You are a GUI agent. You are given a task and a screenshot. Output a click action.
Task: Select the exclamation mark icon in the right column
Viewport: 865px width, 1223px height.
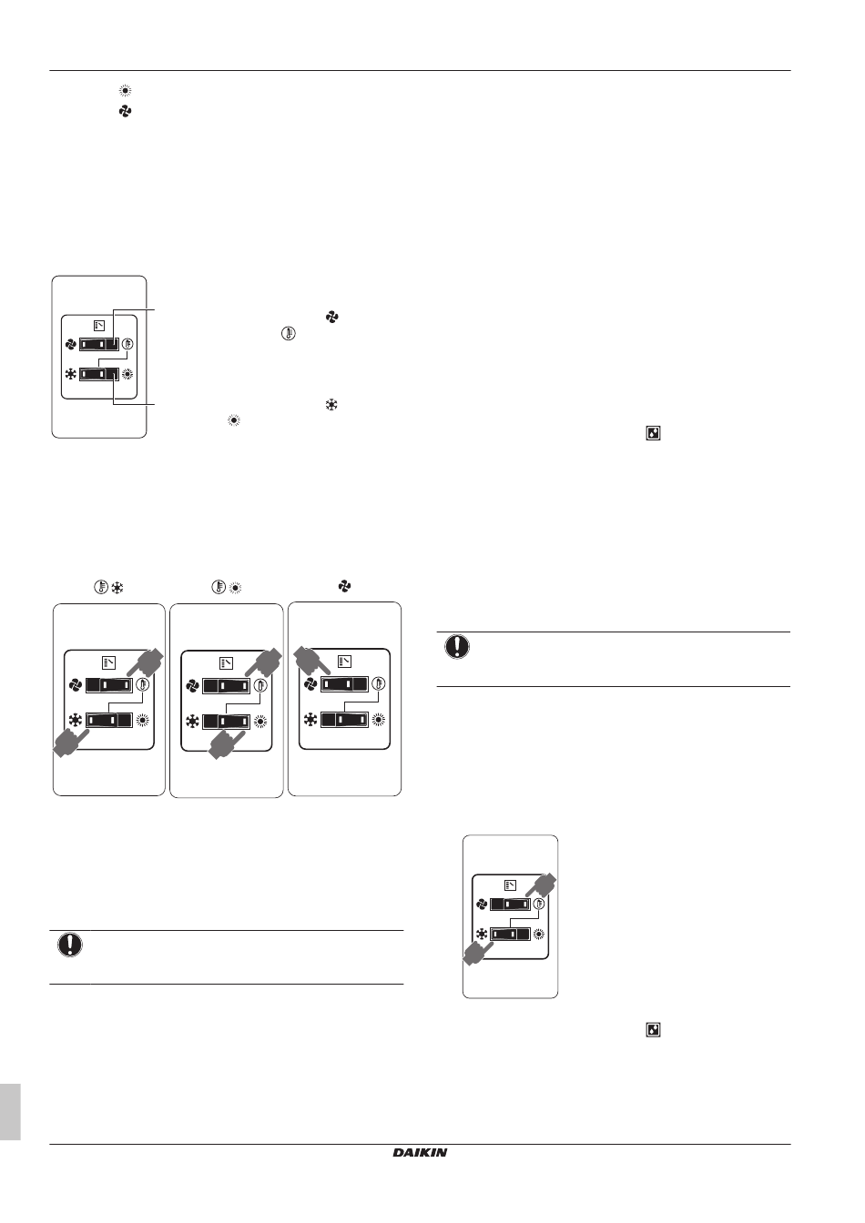pos(457,646)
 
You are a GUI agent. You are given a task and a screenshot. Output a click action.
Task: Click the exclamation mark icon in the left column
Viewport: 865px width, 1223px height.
pos(70,945)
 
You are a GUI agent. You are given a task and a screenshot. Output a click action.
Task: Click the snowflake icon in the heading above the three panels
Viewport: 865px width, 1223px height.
pos(117,588)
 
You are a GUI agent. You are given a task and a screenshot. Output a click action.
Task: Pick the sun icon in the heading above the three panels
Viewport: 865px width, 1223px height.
pos(236,588)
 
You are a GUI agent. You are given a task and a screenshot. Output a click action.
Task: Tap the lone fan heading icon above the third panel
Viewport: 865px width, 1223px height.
pos(344,586)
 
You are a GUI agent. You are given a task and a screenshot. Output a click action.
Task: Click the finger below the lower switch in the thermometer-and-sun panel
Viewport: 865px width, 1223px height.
pos(226,743)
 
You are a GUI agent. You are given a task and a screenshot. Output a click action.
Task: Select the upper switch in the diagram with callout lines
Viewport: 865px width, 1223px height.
pos(99,345)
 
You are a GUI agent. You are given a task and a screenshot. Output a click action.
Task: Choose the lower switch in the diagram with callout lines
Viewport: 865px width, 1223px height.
pos(99,375)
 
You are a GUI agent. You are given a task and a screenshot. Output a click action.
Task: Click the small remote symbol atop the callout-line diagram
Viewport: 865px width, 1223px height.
pos(99,326)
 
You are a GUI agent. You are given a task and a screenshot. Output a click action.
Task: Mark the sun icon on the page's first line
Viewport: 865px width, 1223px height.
pos(125,91)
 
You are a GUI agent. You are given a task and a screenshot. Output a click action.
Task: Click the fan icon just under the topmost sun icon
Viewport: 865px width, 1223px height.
pos(125,111)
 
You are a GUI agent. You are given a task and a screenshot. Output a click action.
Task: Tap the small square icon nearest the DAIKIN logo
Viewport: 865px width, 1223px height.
pos(653,1030)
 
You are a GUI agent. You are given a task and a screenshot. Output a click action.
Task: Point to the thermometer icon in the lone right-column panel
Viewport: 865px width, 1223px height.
pos(539,904)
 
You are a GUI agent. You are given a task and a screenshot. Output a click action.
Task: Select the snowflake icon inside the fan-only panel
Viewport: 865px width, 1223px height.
pos(310,720)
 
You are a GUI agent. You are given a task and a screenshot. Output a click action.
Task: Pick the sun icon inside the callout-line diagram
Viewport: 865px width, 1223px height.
pos(127,375)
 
